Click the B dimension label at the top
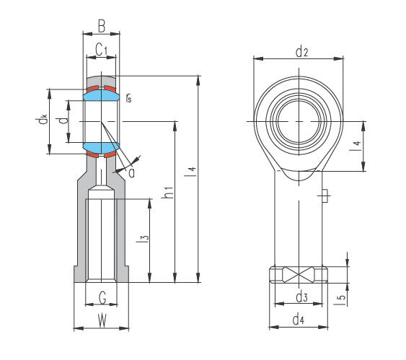click(102, 26)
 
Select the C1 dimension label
click(101, 49)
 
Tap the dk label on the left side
click(41, 120)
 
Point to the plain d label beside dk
click(63, 120)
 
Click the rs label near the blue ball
click(128, 98)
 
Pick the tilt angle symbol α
click(131, 173)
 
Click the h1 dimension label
click(167, 193)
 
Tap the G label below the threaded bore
click(102, 297)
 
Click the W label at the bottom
click(102, 320)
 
